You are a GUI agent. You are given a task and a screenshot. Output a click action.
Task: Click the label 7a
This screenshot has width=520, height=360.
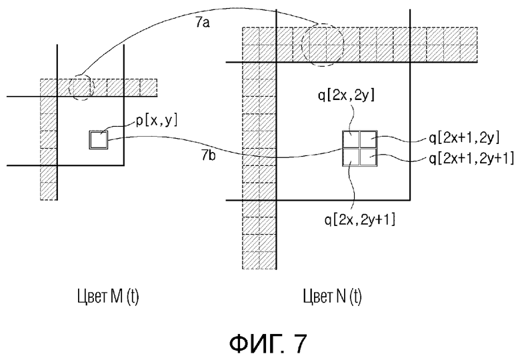coord(202,23)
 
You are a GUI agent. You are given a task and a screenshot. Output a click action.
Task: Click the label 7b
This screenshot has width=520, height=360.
coord(208,155)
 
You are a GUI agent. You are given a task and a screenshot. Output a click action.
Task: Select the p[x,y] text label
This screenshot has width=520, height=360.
coord(157,121)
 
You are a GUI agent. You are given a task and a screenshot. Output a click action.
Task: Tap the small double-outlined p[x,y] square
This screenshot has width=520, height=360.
coord(99,140)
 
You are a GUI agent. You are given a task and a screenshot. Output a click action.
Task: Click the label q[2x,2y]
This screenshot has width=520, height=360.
coord(346,95)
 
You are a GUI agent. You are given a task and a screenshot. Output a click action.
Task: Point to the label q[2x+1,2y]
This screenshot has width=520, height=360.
coord(464,137)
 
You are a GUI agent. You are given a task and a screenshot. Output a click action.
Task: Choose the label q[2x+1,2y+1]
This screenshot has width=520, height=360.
coord(471,159)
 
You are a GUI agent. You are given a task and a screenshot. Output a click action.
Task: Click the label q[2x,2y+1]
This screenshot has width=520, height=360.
coord(360,219)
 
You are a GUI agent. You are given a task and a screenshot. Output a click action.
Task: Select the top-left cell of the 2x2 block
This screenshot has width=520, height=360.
coord(351,139)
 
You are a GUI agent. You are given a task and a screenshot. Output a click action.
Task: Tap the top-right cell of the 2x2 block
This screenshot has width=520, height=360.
coord(369,139)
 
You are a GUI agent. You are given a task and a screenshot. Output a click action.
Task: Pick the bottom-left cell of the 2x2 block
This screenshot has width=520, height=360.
coord(351,157)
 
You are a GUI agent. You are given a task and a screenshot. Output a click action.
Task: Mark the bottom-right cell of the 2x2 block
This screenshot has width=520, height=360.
coord(369,157)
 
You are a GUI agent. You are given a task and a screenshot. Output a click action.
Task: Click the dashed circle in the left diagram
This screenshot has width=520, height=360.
coord(69,87)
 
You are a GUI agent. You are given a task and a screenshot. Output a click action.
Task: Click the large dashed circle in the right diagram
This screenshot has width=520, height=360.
coord(302,45)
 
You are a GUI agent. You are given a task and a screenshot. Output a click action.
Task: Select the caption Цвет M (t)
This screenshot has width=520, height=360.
coord(108,296)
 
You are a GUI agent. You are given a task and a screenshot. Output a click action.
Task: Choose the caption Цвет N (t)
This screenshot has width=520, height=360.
coord(332,296)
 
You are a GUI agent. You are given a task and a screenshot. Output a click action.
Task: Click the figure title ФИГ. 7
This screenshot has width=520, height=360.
coord(268,343)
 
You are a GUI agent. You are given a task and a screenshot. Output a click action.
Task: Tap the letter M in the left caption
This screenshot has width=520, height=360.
coord(117,295)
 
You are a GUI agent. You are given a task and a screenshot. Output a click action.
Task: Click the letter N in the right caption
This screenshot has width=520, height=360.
coord(341,295)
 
